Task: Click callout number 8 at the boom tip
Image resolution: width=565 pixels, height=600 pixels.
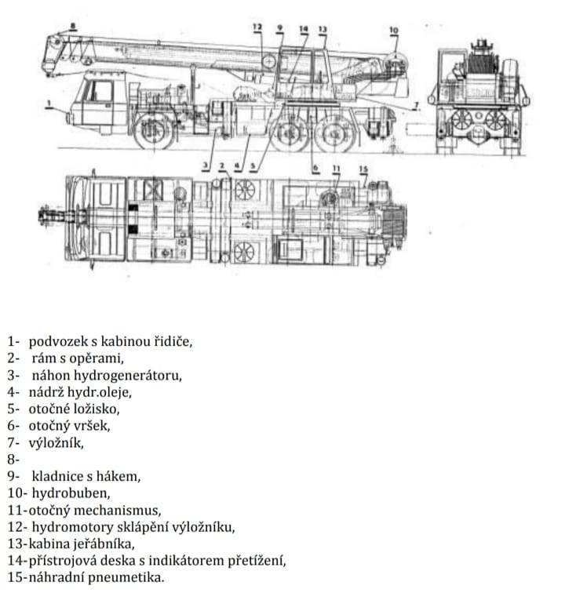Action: point(73,26)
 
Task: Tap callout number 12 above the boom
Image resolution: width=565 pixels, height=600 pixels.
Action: point(257,27)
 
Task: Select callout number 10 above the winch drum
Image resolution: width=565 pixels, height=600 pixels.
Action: point(393,30)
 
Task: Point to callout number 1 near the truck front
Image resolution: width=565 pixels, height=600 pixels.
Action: point(49,103)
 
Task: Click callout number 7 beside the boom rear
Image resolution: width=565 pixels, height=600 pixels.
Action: point(417,104)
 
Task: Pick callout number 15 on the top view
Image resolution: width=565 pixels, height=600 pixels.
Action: point(363,169)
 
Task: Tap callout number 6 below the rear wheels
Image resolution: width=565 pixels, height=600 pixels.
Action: point(315,168)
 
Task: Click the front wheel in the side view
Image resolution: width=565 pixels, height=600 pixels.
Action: point(154,131)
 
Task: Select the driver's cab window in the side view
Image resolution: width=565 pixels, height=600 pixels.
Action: point(100,91)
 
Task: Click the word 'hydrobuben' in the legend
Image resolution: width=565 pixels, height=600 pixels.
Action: point(71,493)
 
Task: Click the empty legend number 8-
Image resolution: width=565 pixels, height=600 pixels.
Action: point(13,459)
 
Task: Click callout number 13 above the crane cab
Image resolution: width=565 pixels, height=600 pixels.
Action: point(323,29)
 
